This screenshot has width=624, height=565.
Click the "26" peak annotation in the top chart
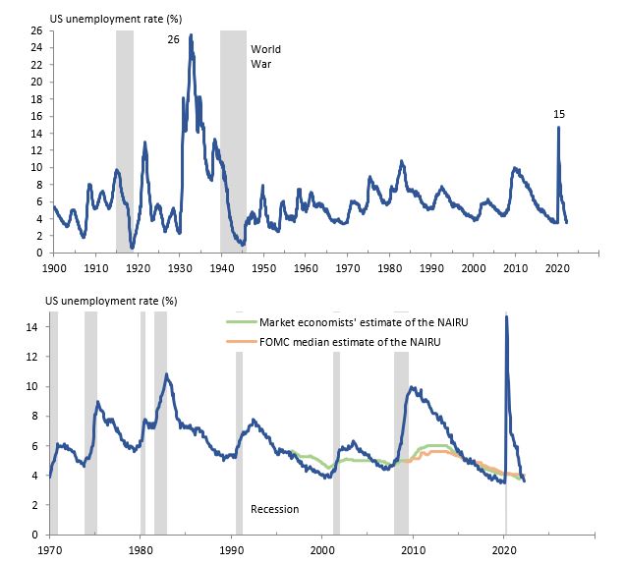(x=173, y=40)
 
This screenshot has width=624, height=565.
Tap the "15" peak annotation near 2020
(x=560, y=114)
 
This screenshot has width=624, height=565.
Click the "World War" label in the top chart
(x=265, y=56)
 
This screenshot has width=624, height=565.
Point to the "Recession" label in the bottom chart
(x=274, y=509)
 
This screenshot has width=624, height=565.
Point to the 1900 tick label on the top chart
(x=53, y=267)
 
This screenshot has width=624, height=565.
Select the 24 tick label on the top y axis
(x=36, y=48)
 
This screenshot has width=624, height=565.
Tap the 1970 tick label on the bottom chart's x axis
(x=50, y=549)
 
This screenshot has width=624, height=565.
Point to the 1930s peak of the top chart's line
(x=191, y=35)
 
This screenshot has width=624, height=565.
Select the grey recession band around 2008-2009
(x=401, y=442)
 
